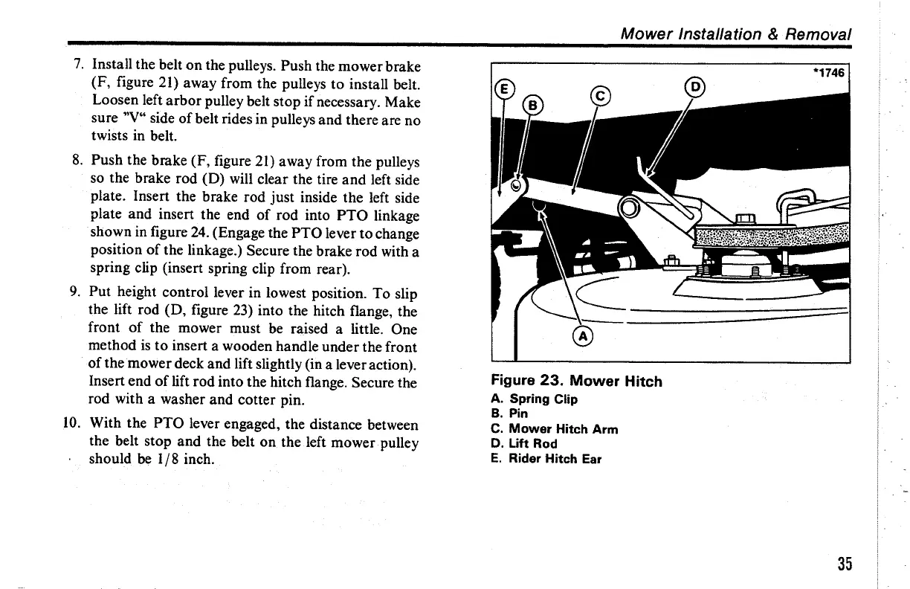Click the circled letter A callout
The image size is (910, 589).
coord(583,337)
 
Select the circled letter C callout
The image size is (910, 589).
coord(600,96)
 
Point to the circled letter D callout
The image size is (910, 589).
coord(697,86)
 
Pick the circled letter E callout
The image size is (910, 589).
coord(503,86)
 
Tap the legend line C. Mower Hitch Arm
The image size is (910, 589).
coord(555,428)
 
